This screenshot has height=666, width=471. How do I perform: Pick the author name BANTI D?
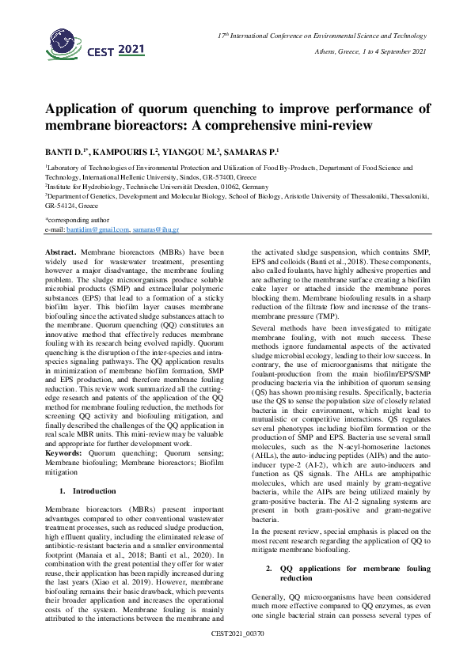click(x=63, y=151)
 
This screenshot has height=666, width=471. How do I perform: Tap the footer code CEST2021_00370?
click(x=236, y=656)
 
